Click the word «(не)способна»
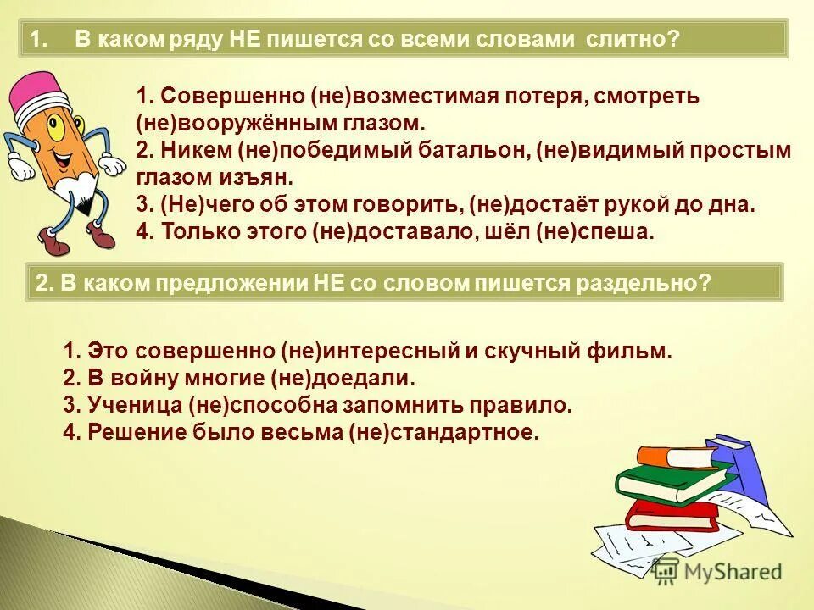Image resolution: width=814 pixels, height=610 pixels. click(x=264, y=405)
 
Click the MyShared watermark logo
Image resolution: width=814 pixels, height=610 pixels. click(x=716, y=571)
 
